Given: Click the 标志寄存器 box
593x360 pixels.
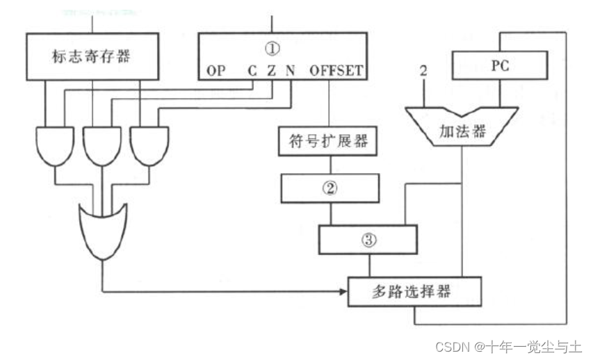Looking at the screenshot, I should point(92,55).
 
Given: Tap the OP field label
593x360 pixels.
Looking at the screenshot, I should point(216,71).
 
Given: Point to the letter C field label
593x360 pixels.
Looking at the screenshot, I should point(252,71).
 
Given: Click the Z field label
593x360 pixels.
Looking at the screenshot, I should point(271,71).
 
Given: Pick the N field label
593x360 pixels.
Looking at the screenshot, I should point(290,71).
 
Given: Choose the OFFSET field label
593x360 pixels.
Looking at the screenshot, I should point(336,71).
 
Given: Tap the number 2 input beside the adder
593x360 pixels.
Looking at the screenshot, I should point(423,72).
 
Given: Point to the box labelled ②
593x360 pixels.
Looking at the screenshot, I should point(330,187).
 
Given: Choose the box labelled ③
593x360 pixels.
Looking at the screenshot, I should point(368,240).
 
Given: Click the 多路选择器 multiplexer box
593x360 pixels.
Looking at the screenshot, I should point(415,291).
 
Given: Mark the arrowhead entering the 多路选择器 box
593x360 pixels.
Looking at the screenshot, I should point(343,291).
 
